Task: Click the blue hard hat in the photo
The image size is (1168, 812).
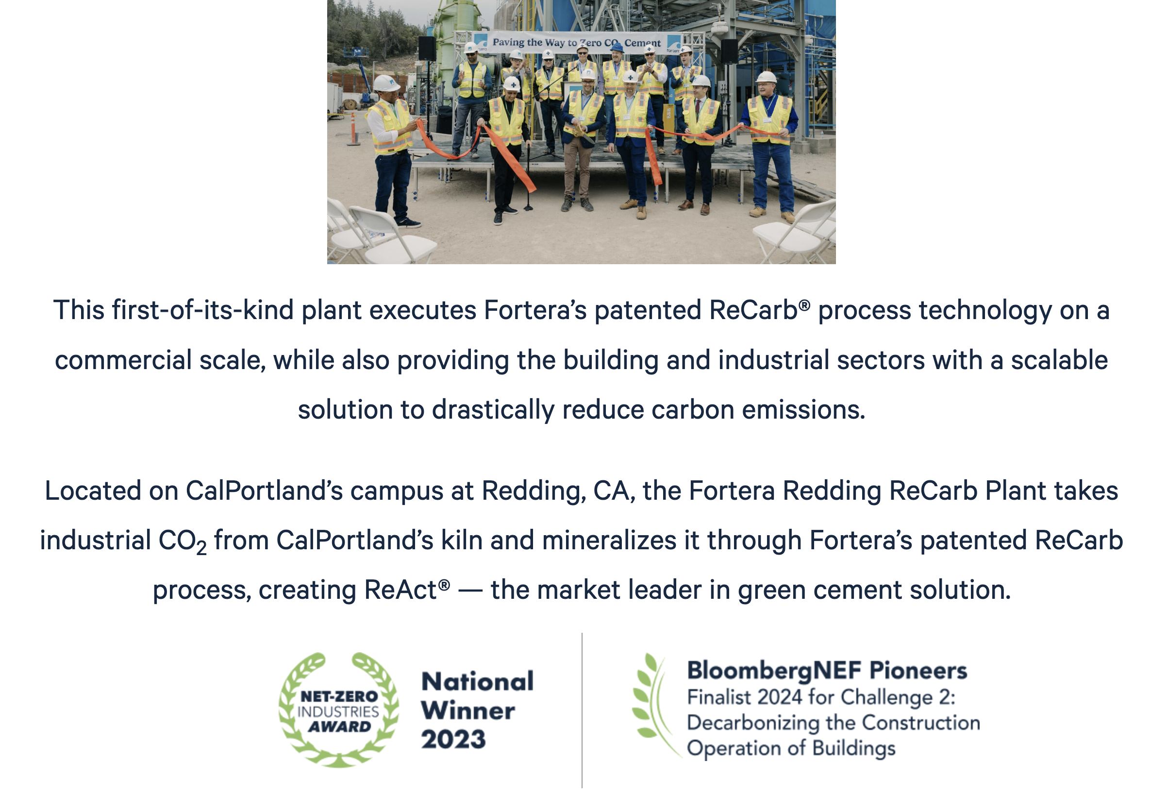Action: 617,48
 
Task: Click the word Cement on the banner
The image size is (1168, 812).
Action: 643,43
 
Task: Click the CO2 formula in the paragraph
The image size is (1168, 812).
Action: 183,541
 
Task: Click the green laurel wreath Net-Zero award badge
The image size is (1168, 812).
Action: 339,710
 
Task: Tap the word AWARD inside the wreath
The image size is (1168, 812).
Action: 339,727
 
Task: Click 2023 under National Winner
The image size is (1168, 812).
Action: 453,739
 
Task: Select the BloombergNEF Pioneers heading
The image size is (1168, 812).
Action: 827,671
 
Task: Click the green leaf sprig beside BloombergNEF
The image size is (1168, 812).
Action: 653,705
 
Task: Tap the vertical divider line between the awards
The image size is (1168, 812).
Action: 582,710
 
